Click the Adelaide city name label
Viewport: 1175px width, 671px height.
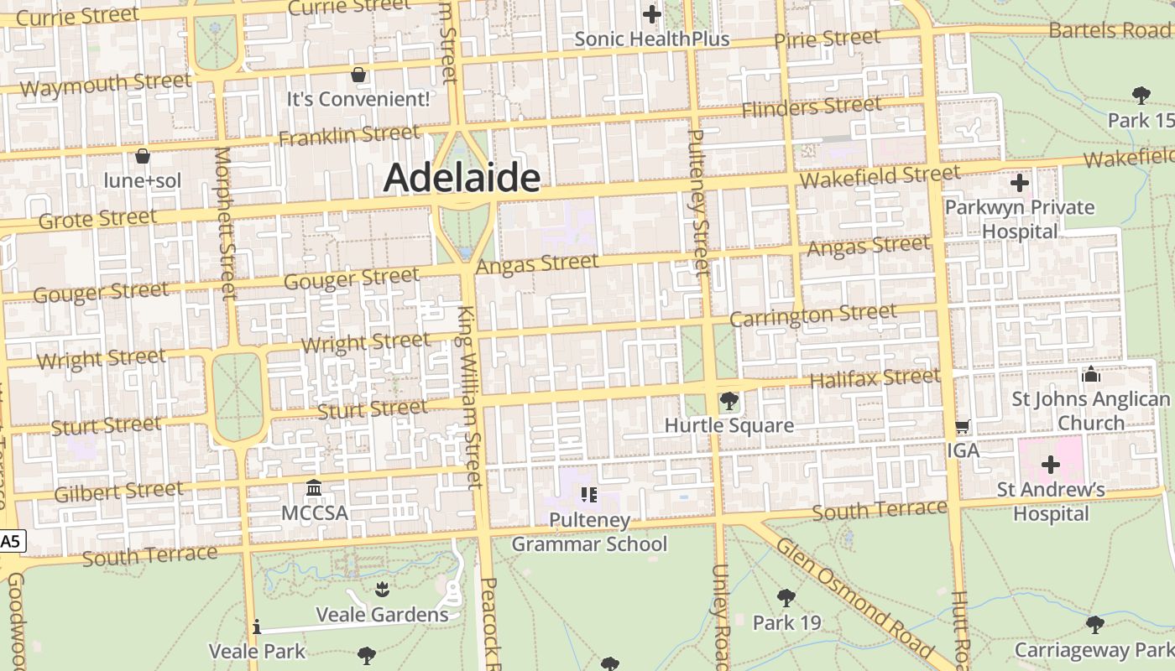[462, 178]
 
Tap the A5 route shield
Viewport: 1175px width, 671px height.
[10, 542]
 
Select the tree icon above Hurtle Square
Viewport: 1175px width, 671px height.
[728, 401]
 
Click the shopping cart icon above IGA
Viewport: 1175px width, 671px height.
[963, 427]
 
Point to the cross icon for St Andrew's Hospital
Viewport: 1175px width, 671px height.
[1050, 464]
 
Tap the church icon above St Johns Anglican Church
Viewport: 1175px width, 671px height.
[1090, 374]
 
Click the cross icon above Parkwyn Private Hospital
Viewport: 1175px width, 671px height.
[1020, 182]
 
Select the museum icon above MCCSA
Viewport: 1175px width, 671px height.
[314, 487]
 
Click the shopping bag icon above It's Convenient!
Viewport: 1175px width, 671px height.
[358, 75]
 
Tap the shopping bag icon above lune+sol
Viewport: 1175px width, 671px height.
[143, 156]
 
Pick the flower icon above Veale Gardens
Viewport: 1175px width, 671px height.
[382, 589]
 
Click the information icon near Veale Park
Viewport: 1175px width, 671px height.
[257, 627]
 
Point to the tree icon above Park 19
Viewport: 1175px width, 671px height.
[786, 598]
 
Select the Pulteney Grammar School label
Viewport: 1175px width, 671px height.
[589, 532]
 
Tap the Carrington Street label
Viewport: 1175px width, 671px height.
[812, 315]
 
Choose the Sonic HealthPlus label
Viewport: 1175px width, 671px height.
[652, 39]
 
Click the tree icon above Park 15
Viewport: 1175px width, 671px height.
[1141, 95]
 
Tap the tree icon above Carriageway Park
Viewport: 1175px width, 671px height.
[1094, 624]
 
